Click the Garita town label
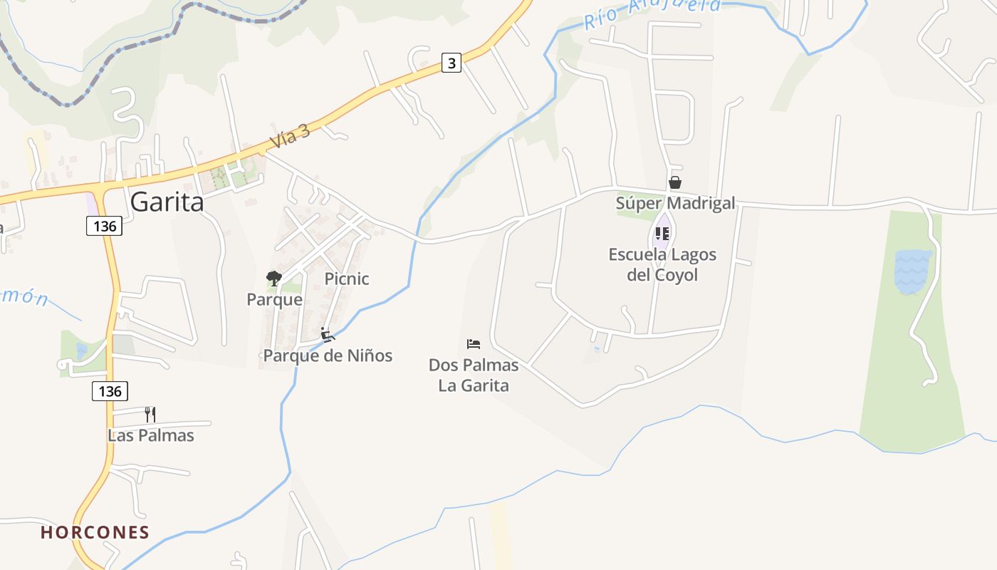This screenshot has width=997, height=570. (167, 202)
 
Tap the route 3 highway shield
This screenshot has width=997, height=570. (451, 63)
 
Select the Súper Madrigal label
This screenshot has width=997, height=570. (675, 203)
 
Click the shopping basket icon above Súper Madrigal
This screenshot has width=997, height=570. (675, 182)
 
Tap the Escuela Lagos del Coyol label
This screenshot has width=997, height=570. (662, 264)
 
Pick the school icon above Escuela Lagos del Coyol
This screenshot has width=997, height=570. (662, 233)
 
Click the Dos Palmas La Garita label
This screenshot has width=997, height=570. (474, 375)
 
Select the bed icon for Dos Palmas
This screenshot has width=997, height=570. (474, 344)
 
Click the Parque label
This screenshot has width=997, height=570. (274, 299)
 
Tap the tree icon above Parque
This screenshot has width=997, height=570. (273, 278)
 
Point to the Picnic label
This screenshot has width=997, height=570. (347, 279)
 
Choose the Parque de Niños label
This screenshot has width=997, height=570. (328, 355)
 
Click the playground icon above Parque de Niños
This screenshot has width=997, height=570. (327, 334)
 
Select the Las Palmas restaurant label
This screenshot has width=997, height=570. (151, 435)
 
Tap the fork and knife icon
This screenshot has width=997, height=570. (150, 414)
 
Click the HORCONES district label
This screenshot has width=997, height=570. (95, 532)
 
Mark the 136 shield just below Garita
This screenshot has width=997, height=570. (105, 227)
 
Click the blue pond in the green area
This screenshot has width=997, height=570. (912, 271)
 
